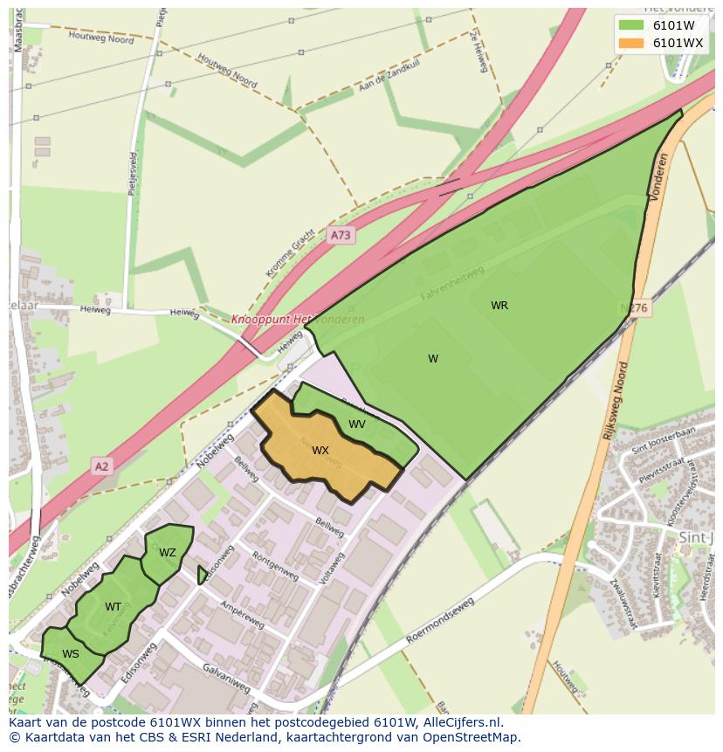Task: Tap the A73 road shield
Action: pyautogui.click(x=341, y=235)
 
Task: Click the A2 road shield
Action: pyautogui.click(x=102, y=466)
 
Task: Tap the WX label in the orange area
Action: pyautogui.click(x=320, y=451)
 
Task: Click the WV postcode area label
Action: pyautogui.click(x=357, y=424)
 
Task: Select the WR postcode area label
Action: pyautogui.click(x=499, y=306)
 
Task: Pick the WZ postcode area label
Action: pyautogui.click(x=168, y=553)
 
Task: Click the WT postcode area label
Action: pyautogui.click(x=114, y=607)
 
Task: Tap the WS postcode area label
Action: pyautogui.click(x=71, y=653)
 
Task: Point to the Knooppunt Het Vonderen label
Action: pyautogui.click(x=298, y=320)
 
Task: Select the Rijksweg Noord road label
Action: pyautogui.click(x=615, y=401)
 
